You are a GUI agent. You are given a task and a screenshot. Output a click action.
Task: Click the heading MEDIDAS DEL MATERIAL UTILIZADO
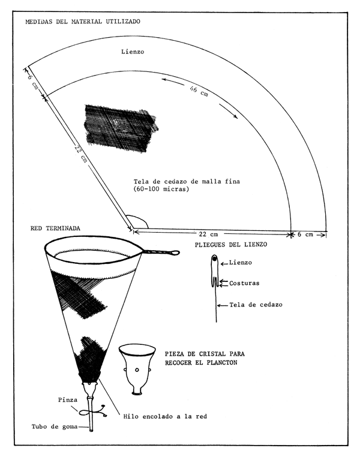(x=82, y=22)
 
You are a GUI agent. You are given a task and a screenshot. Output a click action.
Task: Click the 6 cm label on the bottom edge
(x=308, y=234)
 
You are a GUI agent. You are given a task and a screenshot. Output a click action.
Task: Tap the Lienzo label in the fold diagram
(x=242, y=263)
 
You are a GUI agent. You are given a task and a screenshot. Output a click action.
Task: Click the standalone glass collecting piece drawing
(x=139, y=368)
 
